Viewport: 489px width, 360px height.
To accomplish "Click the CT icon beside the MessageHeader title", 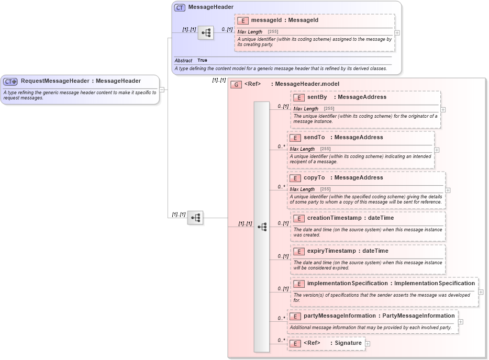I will click(x=180, y=7).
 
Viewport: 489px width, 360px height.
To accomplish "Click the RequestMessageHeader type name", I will click(x=55, y=81).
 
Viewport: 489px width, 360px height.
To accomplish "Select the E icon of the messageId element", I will click(x=243, y=20).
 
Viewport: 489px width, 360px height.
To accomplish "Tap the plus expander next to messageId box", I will click(x=397, y=32).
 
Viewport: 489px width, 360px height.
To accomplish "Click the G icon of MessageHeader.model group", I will click(x=236, y=84).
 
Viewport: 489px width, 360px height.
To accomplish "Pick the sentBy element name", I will click(x=317, y=97).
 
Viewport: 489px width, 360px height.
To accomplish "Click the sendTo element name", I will click(x=314, y=138).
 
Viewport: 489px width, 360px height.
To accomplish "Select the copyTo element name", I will click(x=314, y=178).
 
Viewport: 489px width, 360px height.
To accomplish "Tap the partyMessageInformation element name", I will click(x=339, y=316).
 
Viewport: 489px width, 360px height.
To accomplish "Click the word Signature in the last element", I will click(x=349, y=343).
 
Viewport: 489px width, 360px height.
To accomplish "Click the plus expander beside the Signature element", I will click(x=368, y=344).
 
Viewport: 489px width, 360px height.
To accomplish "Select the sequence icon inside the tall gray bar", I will click(x=262, y=227).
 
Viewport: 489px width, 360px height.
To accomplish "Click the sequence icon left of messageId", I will click(x=206, y=32).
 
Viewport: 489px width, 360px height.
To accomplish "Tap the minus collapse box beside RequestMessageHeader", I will click(x=162, y=89).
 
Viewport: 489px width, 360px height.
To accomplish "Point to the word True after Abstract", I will click(x=202, y=61).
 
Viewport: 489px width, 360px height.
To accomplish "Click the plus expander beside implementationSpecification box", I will click(x=481, y=292).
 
